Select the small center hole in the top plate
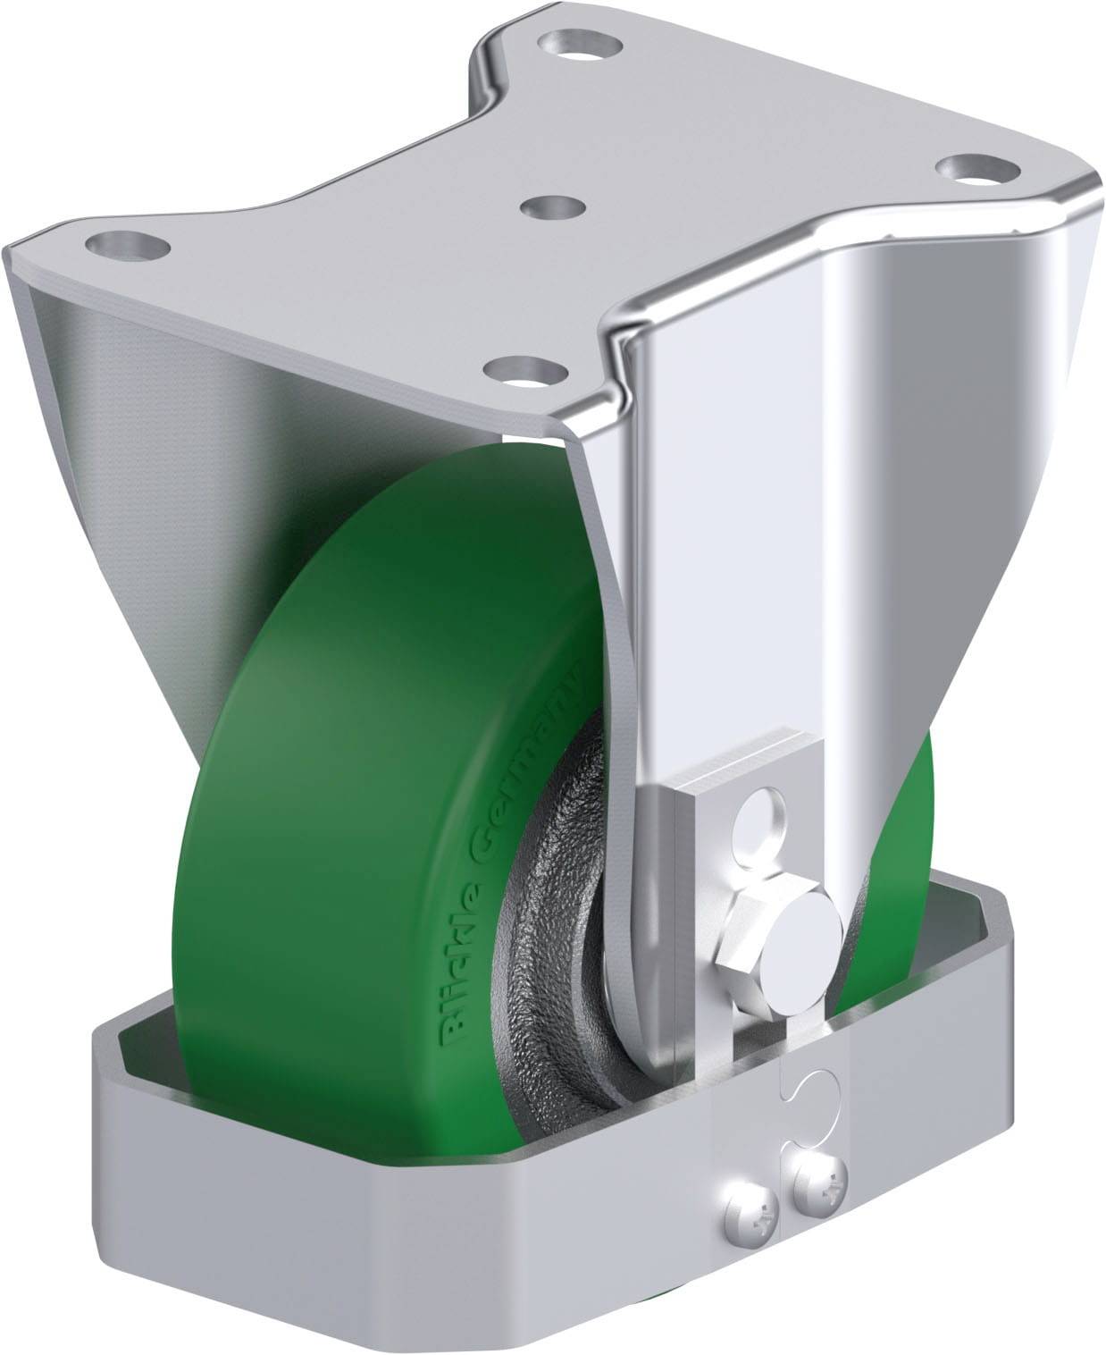click(x=552, y=207)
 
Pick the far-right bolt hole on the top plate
click(x=977, y=167)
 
